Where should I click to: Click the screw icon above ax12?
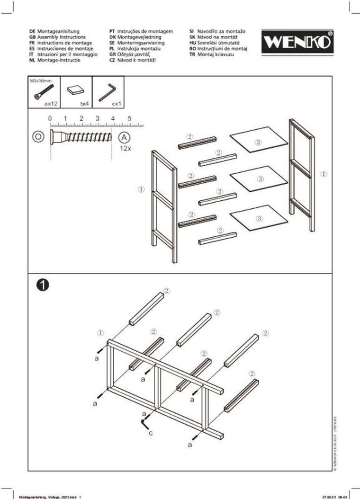(43, 90)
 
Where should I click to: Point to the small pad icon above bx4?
(75, 90)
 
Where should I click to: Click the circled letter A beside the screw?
(124, 137)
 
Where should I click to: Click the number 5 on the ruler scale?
(129, 118)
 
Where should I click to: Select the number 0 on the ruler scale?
(50, 118)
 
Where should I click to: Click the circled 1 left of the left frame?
(141, 189)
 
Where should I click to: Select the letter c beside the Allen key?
(151, 432)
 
